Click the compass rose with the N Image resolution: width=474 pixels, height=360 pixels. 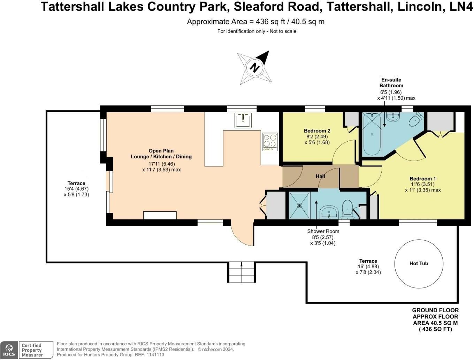(x=254, y=68)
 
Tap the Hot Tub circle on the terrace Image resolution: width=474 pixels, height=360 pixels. (x=419, y=263)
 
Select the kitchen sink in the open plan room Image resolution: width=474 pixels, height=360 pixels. (x=243, y=121)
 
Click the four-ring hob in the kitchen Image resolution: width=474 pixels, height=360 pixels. (x=270, y=142)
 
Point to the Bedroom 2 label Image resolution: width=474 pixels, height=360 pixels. (x=317, y=131)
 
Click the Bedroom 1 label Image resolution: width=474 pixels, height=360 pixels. (x=422, y=179)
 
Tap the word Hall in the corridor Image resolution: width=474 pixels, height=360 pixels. (x=320, y=176)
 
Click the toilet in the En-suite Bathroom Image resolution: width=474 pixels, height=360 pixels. (x=416, y=121)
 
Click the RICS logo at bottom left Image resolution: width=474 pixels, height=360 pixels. (x=9, y=350)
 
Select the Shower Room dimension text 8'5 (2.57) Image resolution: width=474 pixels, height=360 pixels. (x=323, y=237)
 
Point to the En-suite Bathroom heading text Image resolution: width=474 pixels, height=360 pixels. (x=391, y=83)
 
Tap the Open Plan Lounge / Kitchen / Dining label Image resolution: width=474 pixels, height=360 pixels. (x=161, y=154)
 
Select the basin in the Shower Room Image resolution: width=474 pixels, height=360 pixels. (x=329, y=212)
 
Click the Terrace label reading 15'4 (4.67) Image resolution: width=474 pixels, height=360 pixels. (x=76, y=189)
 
